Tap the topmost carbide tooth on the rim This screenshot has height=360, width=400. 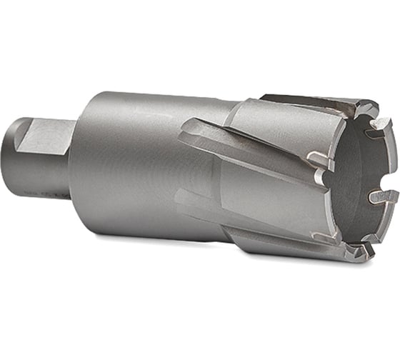(365, 107)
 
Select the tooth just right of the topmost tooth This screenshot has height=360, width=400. (380, 126)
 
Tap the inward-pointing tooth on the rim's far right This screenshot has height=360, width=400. (381, 195)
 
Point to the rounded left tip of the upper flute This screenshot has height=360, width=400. (184, 129)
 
